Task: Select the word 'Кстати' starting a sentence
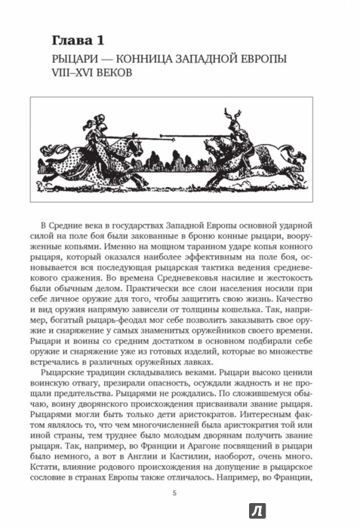pos(66,463)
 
